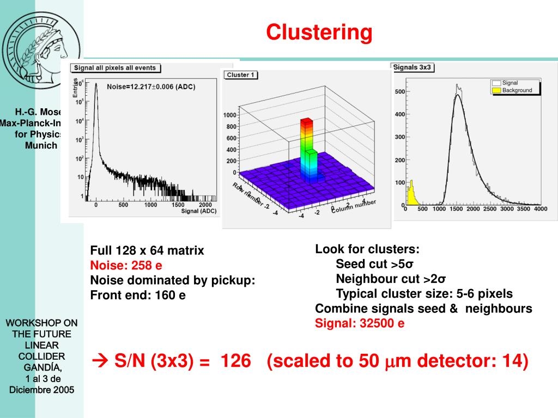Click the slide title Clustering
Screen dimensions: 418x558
click(319, 33)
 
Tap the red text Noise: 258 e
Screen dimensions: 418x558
click(126, 266)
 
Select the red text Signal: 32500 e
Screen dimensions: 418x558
click(360, 323)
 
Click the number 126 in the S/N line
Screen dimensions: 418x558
click(235, 360)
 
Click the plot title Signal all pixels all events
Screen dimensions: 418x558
click(115, 68)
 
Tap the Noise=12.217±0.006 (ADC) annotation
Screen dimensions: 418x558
click(151, 87)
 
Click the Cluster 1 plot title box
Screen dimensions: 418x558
click(240, 75)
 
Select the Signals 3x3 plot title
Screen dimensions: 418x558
click(413, 67)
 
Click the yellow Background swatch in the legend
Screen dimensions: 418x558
click(495, 90)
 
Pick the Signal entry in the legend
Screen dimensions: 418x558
click(510, 83)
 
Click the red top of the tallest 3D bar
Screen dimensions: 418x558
click(307, 121)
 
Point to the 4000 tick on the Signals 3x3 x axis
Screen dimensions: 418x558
click(540, 209)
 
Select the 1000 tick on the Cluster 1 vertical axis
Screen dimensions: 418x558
click(229, 115)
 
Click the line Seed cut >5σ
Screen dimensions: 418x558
click(375, 265)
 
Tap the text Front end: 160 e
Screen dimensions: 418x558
click(138, 295)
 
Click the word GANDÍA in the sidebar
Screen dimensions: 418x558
click(42, 367)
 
